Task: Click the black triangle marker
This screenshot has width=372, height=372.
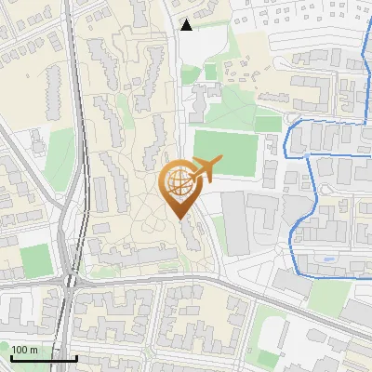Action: click(187, 25)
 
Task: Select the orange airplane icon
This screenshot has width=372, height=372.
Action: click(204, 169)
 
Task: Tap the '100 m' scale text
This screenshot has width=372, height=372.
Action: click(25, 350)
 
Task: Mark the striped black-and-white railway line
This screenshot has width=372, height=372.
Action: click(81, 139)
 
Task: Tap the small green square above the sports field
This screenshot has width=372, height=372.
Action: click(210, 72)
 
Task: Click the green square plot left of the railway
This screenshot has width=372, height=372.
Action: click(34, 259)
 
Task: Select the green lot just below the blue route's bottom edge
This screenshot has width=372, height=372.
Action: click(329, 296)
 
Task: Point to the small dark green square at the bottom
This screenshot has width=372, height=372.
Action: click(271, 334)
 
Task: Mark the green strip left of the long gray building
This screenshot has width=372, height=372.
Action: click(219, 233)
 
